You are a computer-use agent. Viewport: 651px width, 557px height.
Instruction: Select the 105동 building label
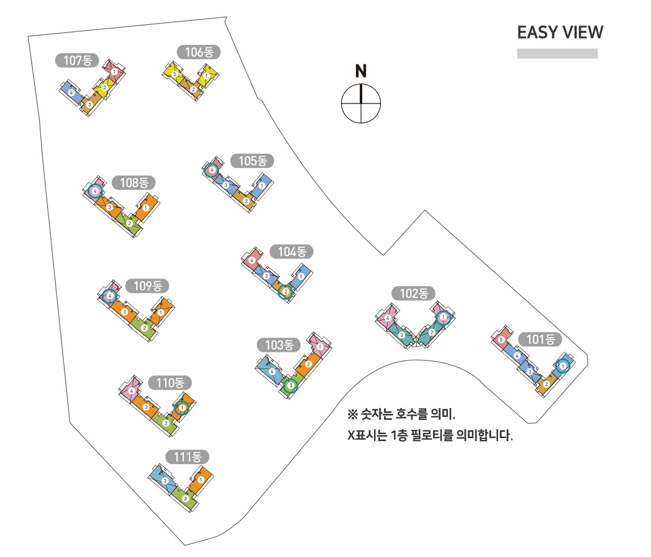pos(253,160)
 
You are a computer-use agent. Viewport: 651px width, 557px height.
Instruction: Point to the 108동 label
pos(134,183)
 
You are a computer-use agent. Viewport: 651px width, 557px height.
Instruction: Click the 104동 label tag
pos(291,251)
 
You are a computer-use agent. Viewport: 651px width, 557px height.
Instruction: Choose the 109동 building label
pos(147,286)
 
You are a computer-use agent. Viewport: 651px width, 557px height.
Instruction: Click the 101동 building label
pos(540,339)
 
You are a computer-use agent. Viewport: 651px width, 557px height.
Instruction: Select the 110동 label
pos(170,383)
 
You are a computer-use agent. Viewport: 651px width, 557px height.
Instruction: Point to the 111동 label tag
pos(188,456)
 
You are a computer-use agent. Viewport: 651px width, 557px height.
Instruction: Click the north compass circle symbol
pos(361,104)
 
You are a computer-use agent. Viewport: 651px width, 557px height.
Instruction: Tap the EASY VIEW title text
pos(560,33)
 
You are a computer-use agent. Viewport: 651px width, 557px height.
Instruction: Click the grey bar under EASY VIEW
pos(557,53)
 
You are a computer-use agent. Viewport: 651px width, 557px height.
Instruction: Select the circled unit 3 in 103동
pos(290,386)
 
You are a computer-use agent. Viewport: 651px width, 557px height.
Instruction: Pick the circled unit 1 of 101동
pos(563,366)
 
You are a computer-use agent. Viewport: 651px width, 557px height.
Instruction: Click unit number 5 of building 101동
pos(501,339)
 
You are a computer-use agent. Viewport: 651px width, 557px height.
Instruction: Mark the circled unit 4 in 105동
pos(212,170)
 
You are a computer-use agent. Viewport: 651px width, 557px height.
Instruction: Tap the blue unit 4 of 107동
pos(71,93)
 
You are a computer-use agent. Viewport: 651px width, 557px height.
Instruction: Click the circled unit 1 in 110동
pos(182,407)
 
